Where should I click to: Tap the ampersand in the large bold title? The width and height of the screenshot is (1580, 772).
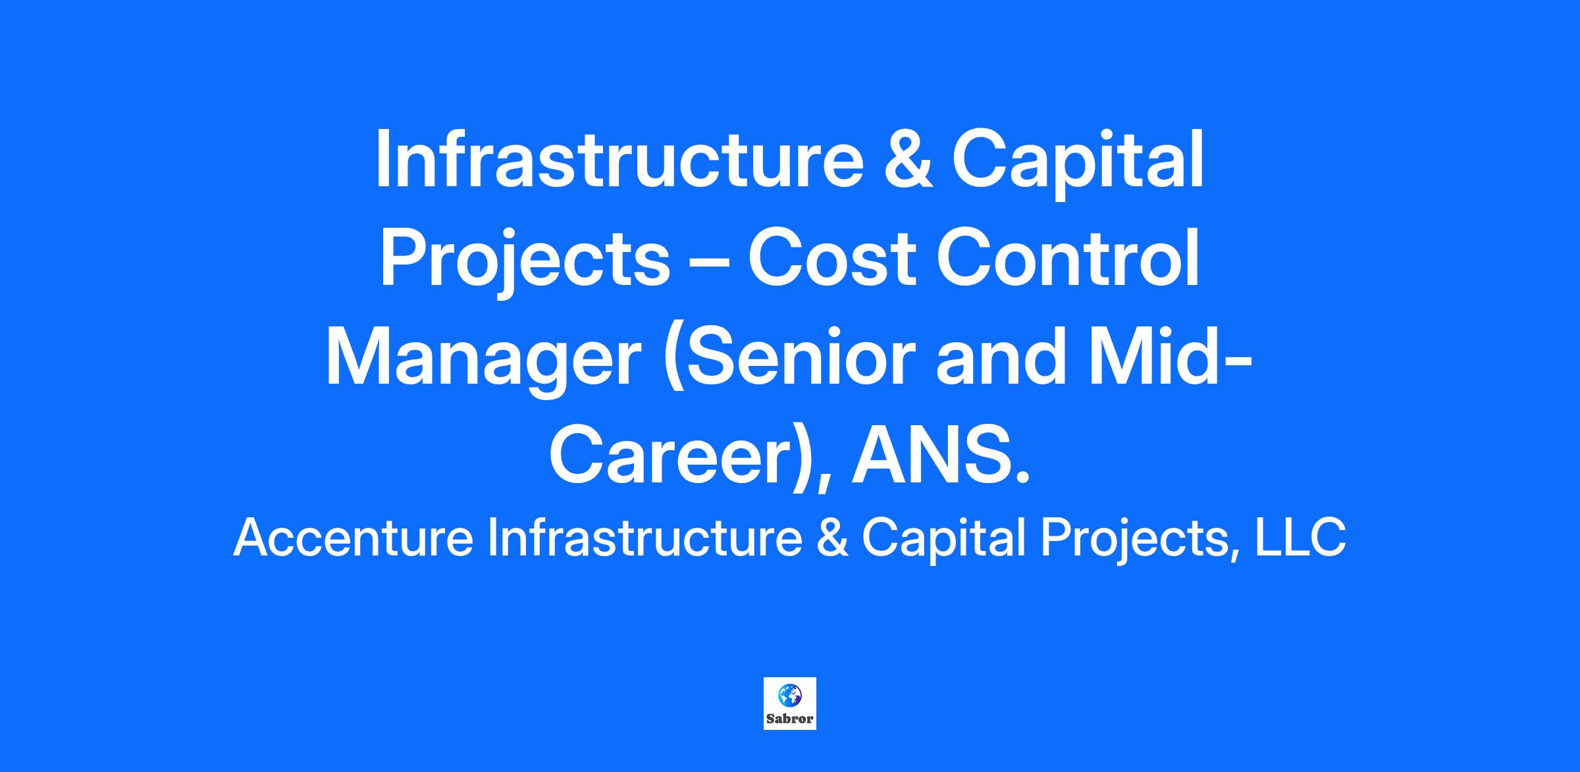pyautogui.click(x=908, y=160)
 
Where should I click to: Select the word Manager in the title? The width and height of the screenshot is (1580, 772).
pyautogui.click(x=483, y=363)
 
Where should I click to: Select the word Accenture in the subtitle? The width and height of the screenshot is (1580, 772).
pyautogui.click(x=354, y=538)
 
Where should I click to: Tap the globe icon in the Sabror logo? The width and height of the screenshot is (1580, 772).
pyautogui.click(x=790, y=695)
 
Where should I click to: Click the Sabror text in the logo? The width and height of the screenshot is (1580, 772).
pyautogui.click(x=790, y=719)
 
